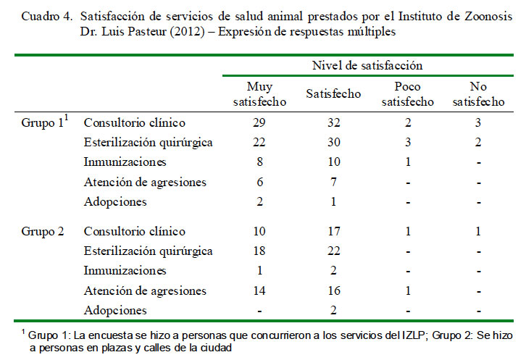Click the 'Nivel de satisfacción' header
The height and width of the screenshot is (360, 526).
point(367,65)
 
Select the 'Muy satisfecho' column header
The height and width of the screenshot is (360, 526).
point(259,94)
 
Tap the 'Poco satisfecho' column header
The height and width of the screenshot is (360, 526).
point(408,94)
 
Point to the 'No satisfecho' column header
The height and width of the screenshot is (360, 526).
point(478,94)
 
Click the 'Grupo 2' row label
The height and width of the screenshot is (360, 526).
point(43,232)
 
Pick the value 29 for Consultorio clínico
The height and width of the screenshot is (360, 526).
point(259,122)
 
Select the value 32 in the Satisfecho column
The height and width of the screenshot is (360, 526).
point(334,122)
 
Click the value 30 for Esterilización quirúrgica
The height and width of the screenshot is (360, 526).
point(334,142)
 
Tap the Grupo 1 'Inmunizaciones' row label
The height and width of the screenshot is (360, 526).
point(125,162)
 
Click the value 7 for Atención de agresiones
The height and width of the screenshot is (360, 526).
point(333,182)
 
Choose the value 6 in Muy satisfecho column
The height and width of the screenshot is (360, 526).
point(259,182)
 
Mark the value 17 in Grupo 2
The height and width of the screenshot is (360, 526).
point(334,231)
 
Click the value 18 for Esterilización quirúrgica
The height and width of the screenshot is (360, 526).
point(259,251)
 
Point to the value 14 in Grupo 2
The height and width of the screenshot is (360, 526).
point(259,290)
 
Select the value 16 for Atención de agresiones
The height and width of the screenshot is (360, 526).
point(334,290)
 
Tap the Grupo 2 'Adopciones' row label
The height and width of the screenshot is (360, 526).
point(115,310)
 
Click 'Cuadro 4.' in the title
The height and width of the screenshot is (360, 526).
point(46,16)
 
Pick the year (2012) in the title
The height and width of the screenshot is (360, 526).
point(187,32)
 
